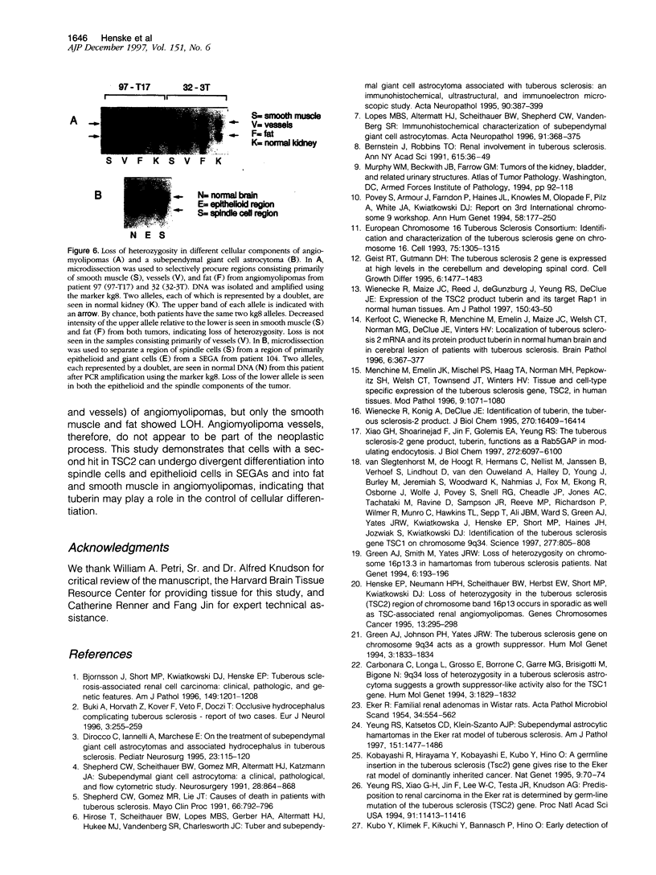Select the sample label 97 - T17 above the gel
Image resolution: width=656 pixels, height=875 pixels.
point(129,83)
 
